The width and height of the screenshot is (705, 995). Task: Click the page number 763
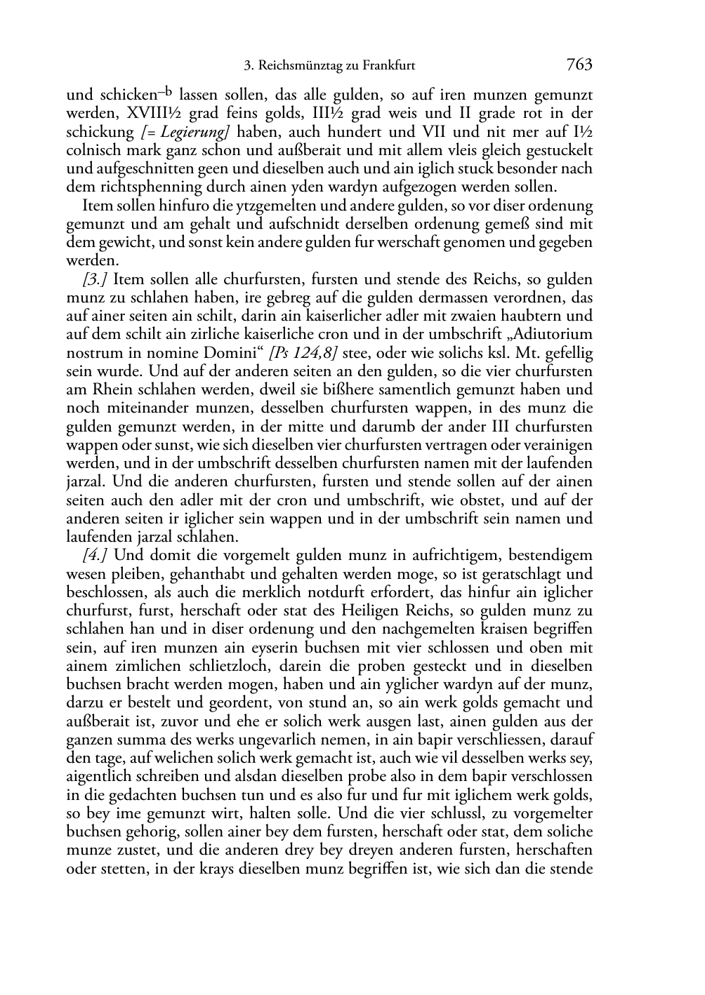point(579,65)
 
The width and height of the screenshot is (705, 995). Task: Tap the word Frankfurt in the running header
point(386,66)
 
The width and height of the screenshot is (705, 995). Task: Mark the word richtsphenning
point(133,187)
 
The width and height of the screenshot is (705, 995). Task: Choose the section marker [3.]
point(94,279)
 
